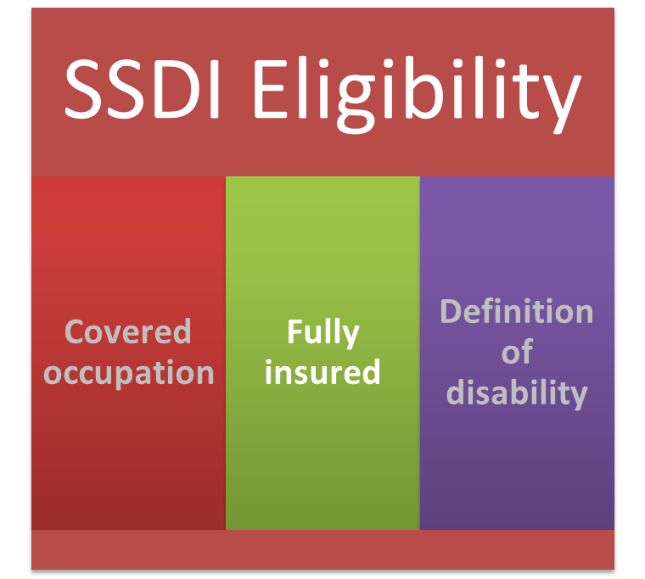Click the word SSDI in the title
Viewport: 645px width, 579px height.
tap(142, 89)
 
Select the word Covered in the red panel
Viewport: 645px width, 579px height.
tap(128, 331)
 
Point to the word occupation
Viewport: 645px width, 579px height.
tap(128, 374)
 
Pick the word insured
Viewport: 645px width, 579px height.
tap(322, 372)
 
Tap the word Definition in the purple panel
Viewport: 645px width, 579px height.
tap(517, 311)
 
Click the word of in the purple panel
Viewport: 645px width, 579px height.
tap(517, 352)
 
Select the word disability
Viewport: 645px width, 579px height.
tap(517, 392)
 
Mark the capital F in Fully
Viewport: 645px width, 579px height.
tap(294, 331)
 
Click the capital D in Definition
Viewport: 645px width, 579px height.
tap(451, 311)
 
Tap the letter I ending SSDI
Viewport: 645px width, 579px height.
tap(214, 89)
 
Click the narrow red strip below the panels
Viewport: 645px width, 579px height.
tap(322, 549)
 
